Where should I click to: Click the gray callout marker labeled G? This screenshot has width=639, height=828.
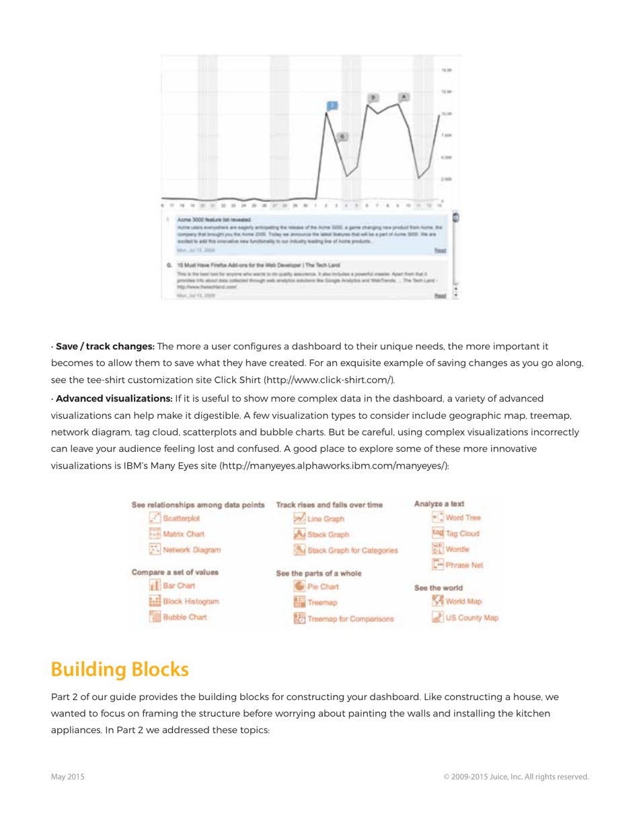[342, 137]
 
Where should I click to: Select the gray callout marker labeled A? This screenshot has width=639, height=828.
[404, 97]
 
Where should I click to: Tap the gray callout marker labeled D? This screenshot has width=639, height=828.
[373, 98]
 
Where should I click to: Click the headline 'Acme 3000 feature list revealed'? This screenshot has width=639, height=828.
[214, 220]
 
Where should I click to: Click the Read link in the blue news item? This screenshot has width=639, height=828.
[440, 250]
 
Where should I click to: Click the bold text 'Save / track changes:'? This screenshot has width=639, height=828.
[105, 347]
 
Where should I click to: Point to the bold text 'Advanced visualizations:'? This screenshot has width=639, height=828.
[114, 399]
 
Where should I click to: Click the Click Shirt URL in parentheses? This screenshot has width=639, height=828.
[328, 380]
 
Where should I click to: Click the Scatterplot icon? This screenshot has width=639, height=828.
[155, 518]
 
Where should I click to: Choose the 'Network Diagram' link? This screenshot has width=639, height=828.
[192, 549]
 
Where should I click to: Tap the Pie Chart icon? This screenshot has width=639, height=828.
[300, 587]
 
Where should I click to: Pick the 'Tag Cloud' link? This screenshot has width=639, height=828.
[461, 533]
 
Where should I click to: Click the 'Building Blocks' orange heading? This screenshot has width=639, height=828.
[120, 670]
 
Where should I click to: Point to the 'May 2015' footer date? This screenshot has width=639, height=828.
[68, 777]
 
